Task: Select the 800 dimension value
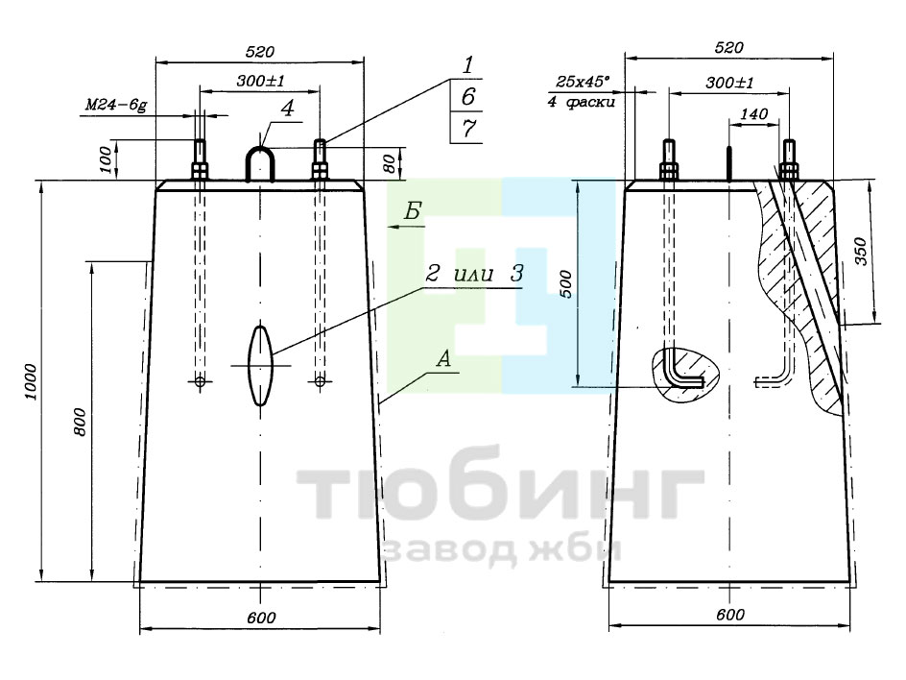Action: pyautogui.click(x=80, y=422)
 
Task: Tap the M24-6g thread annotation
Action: pyautogui.click(x=116, y=106)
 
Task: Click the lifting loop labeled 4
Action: pyautogui.click(x=261, y=162)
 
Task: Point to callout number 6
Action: pyautogui.click(x=468, y=97)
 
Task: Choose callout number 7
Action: pyautogui.click(x=468, y=128)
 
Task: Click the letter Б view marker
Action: pyautogui.click(x=412, y=212)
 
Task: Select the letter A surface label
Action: pyautogui.click(x=443, y=359)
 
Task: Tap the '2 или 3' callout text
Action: pyautogui.click(x=474, y=274)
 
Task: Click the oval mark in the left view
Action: pyautogui.click(x=260, y=365)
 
